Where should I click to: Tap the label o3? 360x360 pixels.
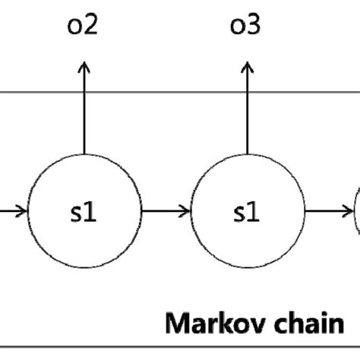point(245,27)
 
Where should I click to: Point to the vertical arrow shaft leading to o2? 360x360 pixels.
point(84,114)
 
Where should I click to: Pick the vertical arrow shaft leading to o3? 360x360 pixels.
point(245,114)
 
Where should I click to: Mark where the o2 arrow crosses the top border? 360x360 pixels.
point(84,93)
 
